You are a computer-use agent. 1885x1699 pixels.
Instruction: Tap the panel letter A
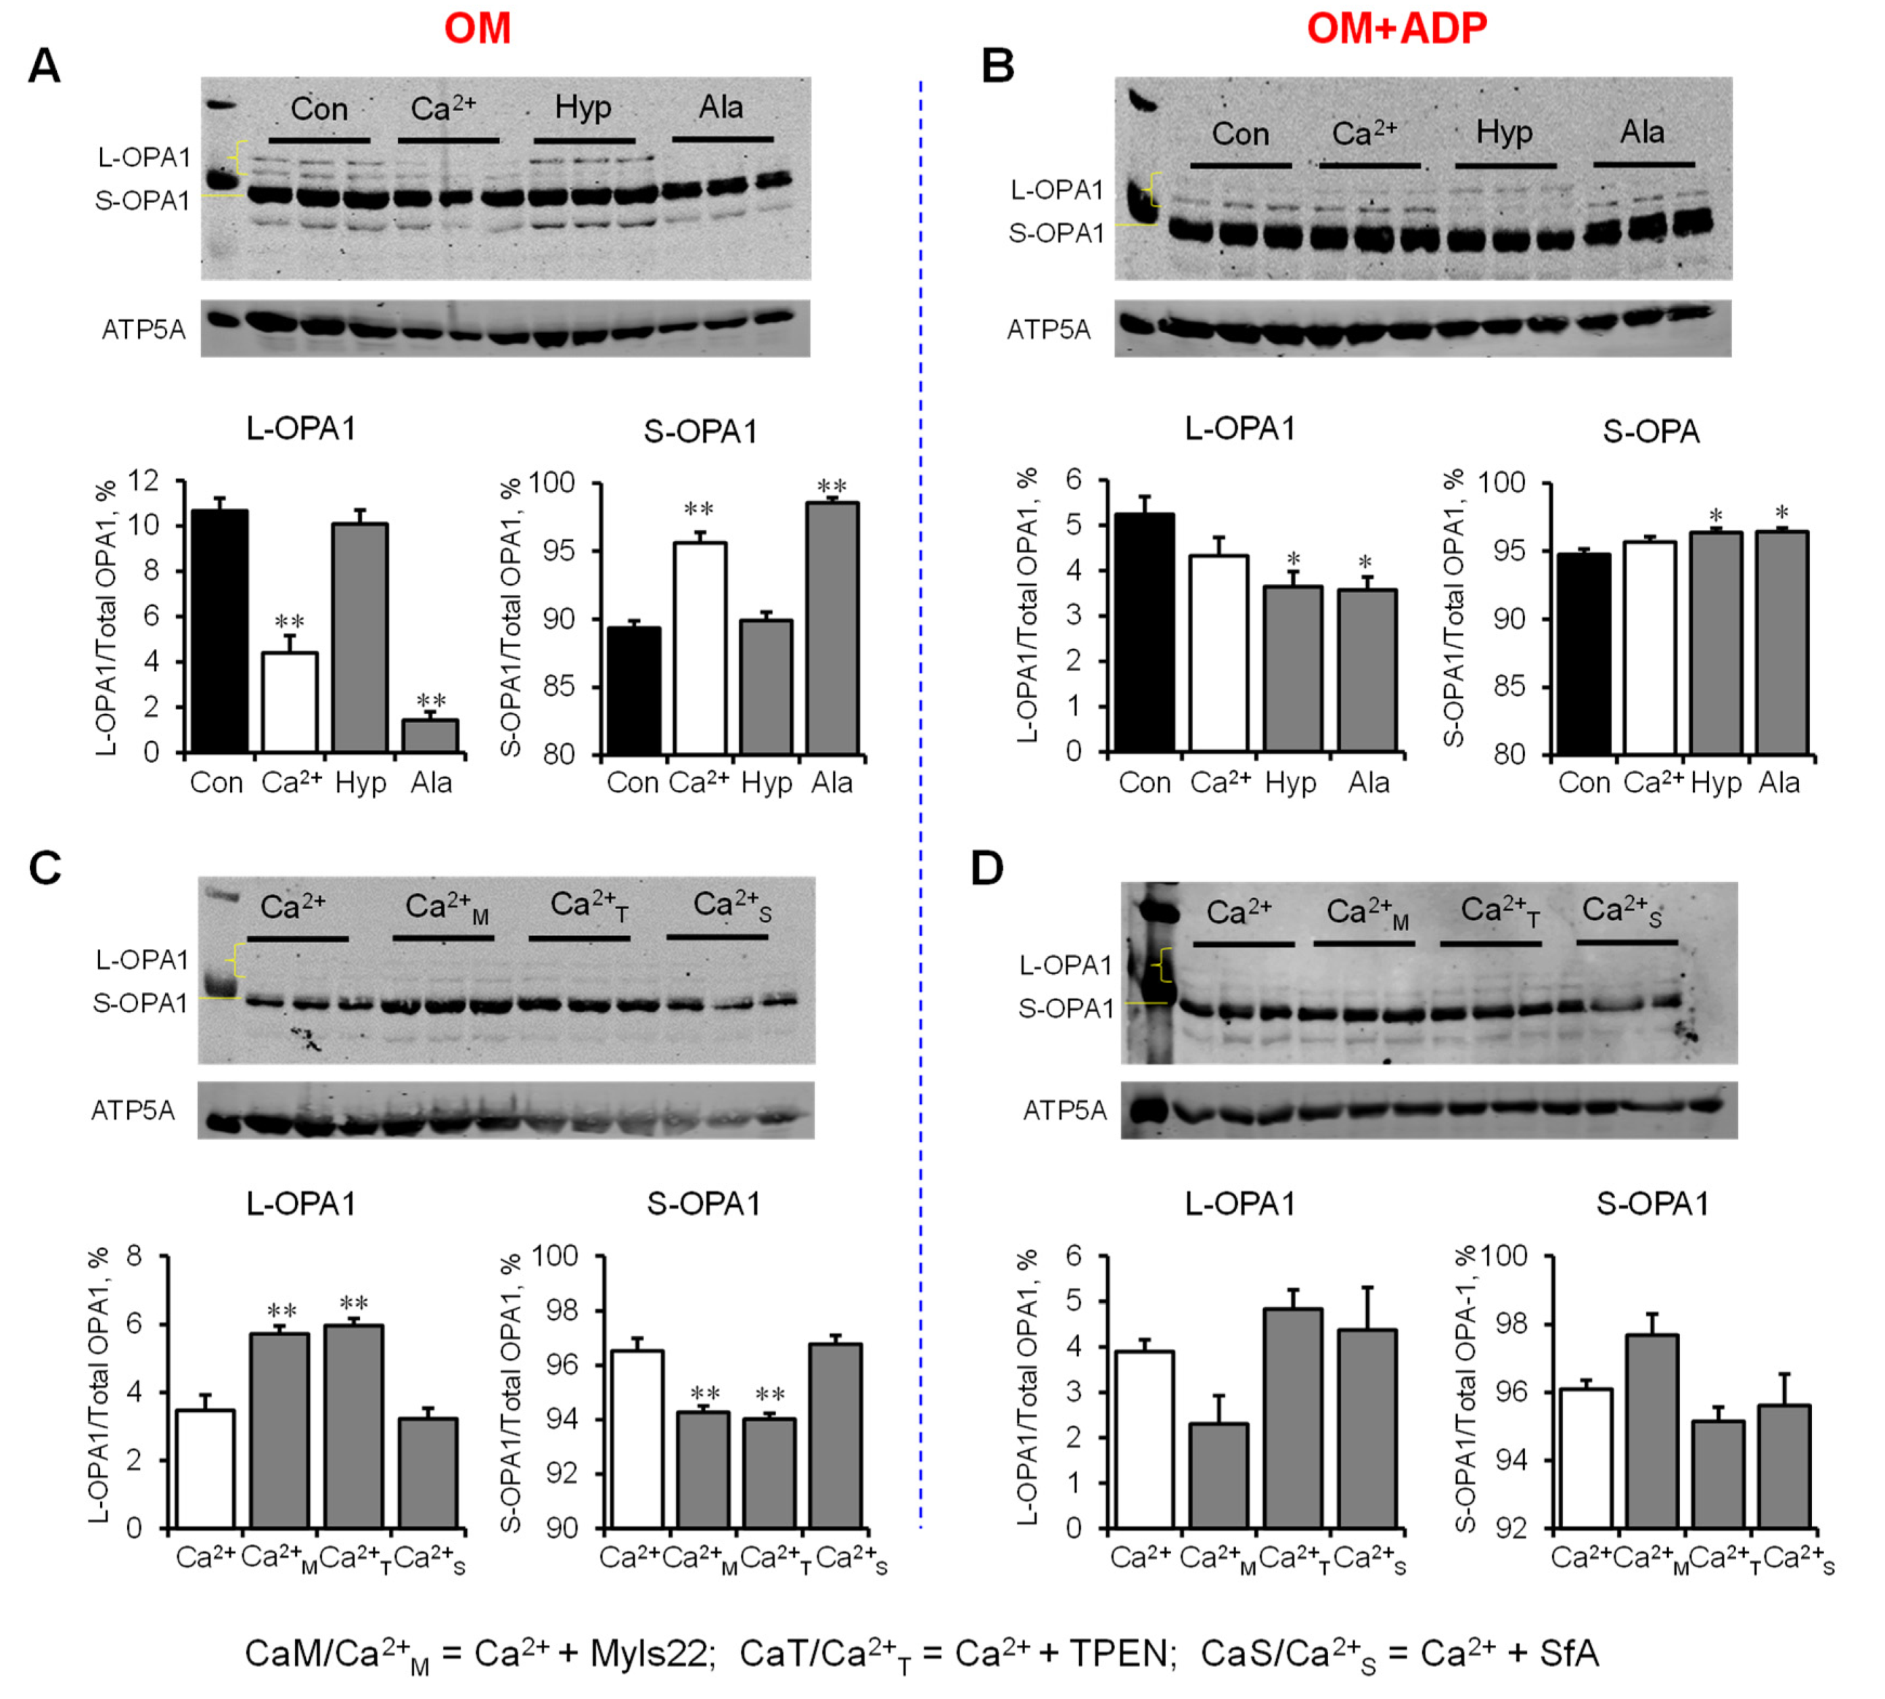click(44, 67)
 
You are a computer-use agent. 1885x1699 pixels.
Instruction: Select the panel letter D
click(987, 868)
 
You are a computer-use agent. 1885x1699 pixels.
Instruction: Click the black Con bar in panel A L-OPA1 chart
click(219, 631)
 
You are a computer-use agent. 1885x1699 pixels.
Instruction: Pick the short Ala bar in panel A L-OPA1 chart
click(430, 736)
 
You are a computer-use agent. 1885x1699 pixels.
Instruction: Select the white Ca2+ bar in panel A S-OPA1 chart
click(699, 648)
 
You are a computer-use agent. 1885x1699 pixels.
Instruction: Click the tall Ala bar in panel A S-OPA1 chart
click(832, 627)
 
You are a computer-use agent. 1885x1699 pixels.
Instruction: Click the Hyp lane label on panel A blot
click(583, 108)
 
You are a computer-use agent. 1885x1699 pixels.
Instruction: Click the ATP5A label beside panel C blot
click(133, 1111)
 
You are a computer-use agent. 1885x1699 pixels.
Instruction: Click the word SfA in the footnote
click(1570, 1653)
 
